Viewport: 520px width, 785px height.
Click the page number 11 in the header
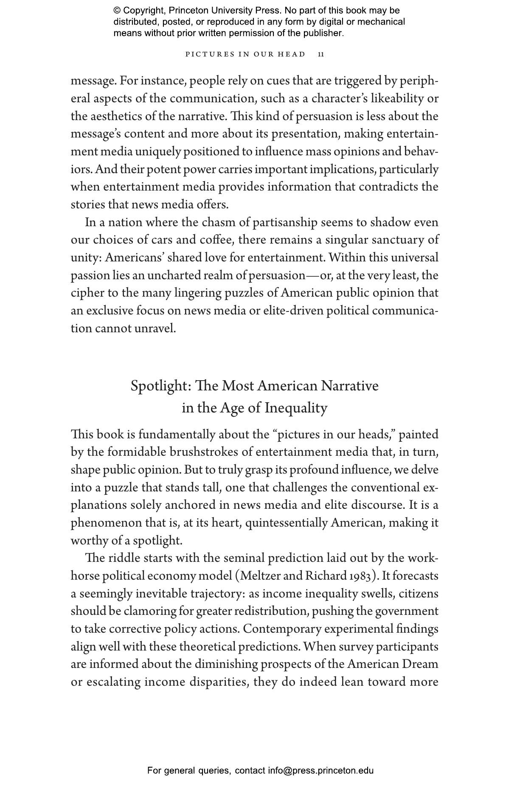(321, 54)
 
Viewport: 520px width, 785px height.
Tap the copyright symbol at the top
(117, 11)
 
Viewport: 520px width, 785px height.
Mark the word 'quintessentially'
(287, 523)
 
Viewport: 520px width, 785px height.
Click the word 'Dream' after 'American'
(420, 664)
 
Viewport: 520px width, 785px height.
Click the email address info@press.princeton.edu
(320, 771)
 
